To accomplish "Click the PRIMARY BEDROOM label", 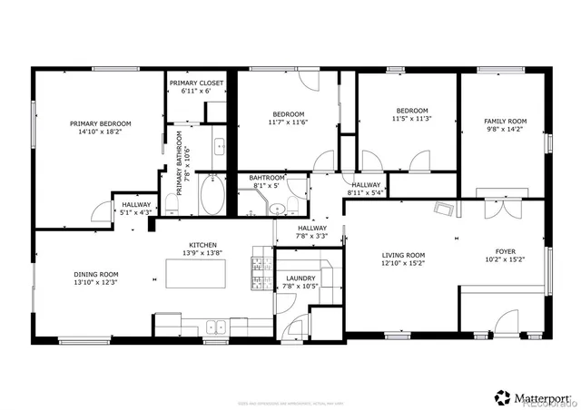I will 101,123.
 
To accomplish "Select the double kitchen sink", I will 215,327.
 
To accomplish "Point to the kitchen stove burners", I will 261,269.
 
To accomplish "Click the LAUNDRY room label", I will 300,278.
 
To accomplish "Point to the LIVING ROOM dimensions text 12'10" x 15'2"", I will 402,264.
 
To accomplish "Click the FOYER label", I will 505,251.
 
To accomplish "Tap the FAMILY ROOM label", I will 505,121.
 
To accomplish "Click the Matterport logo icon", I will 502,396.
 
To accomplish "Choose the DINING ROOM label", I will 96,273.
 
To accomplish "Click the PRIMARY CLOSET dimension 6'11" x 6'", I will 195,91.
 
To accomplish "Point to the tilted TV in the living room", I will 443,211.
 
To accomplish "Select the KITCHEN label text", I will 202,244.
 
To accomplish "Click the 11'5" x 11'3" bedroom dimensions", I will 411,118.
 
